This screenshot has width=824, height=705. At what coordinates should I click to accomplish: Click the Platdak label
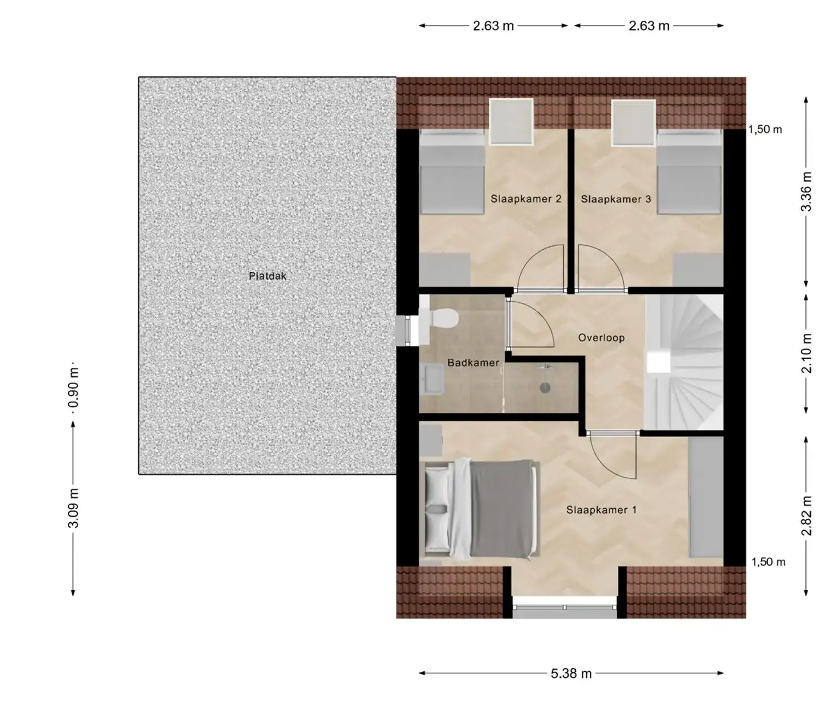pos(267,276)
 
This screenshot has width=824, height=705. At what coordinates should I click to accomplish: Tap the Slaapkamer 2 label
pos(526,199)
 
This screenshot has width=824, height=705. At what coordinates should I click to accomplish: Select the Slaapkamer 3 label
pos(616,199)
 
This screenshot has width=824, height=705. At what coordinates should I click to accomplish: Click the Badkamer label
pos(473,363)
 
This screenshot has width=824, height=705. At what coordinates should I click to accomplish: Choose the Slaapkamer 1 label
pos(601,510)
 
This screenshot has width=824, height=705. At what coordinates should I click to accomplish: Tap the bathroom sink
pos(431,380)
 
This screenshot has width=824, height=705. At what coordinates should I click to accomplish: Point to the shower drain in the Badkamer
pos(545,387)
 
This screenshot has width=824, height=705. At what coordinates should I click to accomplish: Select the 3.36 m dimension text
pos(806,191)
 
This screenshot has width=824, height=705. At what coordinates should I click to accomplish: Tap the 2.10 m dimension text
pos(806,353)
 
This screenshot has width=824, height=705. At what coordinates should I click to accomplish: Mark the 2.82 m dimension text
pos(806,516)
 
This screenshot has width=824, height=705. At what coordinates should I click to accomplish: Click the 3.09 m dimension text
pos(73,508)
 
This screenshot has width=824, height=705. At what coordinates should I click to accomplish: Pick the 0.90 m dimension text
pos(73,387)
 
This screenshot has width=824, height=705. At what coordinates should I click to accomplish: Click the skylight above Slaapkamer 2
pos(511,122)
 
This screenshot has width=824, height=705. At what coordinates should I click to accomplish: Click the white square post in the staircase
pos(659,363)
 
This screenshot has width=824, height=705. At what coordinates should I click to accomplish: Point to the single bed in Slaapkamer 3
pos(689,171)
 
